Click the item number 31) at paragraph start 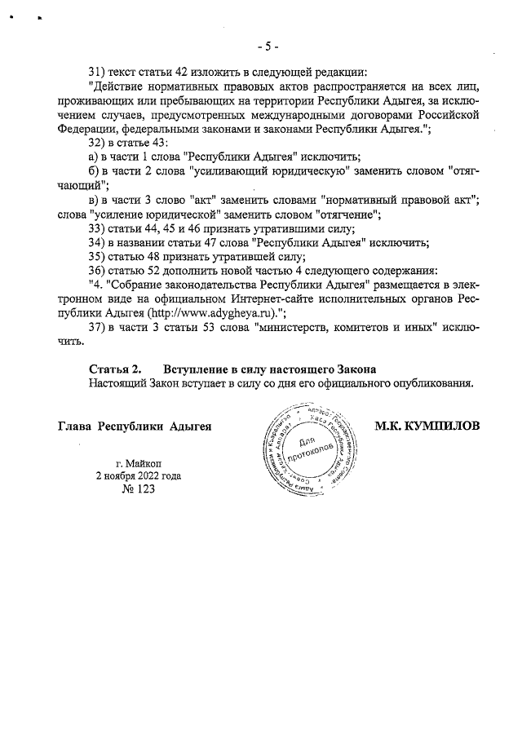pos(99,69)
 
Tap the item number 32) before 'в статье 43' pos(99,143)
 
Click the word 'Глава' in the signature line pos(74,426)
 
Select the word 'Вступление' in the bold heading pos(198,369)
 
